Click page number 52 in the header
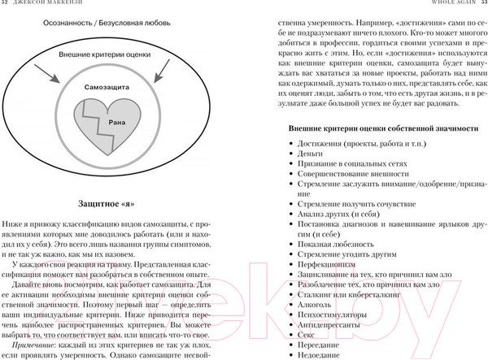7,5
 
